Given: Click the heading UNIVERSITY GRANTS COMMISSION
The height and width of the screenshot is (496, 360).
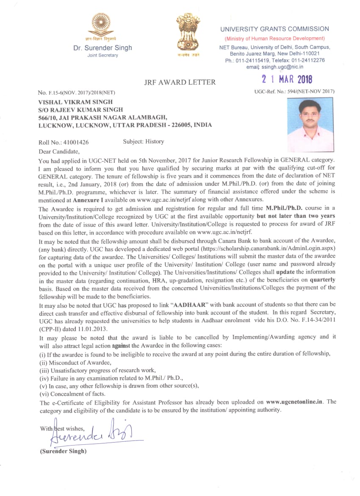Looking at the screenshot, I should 274,29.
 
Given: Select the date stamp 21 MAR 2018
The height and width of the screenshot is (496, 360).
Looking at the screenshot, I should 287,79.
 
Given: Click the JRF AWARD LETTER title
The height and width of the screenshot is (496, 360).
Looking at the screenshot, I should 180,82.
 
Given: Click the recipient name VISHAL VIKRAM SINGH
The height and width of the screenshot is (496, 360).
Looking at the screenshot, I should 75,102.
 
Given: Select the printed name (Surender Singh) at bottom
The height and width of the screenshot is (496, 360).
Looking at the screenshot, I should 63,451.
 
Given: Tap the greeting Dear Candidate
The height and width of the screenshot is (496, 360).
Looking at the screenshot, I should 58,151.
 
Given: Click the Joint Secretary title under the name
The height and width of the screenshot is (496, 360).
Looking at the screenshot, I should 102,56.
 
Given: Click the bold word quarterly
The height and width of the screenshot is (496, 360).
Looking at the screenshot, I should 322,280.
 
